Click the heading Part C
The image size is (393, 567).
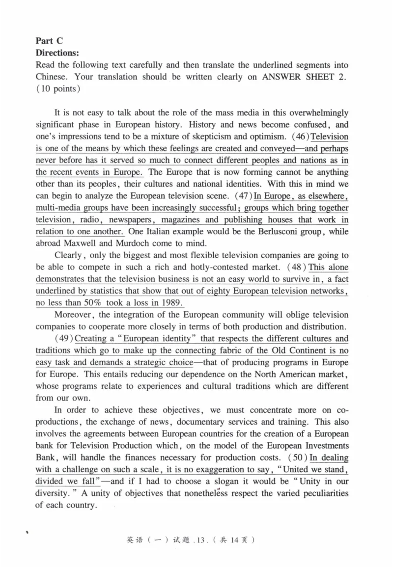tap(50, 41)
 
